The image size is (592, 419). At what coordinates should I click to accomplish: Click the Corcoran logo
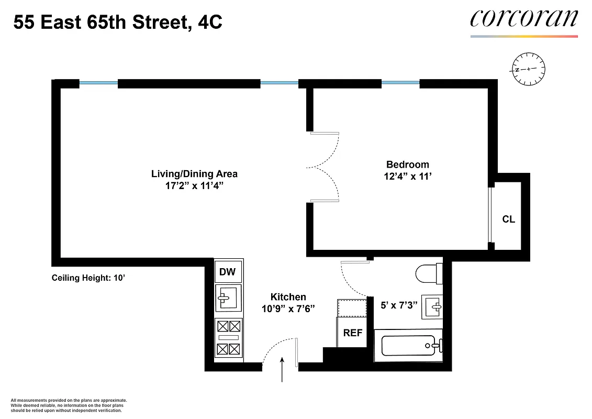(524, 19)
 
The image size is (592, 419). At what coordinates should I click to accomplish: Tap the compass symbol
(528, 69)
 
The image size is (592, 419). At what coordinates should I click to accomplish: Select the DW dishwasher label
(227, 272)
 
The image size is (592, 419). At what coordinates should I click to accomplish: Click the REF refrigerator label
(352, 333)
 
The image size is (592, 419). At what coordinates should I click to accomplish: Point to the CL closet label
(508, 219)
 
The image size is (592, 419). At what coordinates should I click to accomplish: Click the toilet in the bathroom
(428, 273)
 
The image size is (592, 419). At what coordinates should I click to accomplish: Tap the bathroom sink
(432, 306)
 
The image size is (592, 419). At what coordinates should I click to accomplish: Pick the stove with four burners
(228, 338)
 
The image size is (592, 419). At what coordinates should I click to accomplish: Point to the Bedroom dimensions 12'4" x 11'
(407, 177)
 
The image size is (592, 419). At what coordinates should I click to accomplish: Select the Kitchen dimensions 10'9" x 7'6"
(288, 308)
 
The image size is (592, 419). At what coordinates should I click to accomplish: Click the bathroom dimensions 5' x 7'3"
(398, 304)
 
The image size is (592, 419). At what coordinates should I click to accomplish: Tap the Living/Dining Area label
(194, 174)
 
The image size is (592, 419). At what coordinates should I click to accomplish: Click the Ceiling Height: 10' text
(88, 278)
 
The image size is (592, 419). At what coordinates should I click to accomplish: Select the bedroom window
(400, 82)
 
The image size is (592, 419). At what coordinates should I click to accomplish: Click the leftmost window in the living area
(98, 82)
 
